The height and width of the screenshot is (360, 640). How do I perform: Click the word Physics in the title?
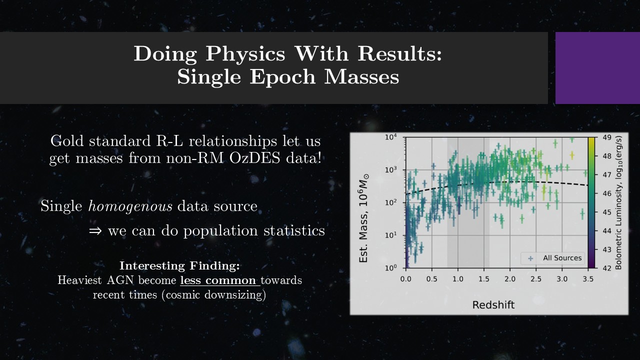245,54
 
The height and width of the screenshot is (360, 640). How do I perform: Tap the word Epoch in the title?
283,77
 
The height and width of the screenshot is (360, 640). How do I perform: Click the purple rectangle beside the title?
597,68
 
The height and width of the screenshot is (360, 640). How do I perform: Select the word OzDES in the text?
254,158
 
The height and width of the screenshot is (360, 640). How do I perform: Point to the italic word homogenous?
130,206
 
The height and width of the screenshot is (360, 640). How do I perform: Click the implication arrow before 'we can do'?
95,231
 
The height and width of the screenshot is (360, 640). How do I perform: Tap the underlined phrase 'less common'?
218,280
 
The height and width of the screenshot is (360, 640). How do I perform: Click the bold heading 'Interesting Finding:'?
179,265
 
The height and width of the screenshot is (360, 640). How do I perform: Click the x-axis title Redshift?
493,305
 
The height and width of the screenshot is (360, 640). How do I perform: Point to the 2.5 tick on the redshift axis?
536,279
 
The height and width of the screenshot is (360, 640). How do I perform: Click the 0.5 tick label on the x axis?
431,279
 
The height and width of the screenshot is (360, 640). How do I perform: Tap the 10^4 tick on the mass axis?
391,137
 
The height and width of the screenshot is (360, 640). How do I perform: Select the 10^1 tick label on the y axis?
391,235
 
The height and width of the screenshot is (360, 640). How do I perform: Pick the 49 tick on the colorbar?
607,137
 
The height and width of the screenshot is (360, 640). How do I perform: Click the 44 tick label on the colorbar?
607,231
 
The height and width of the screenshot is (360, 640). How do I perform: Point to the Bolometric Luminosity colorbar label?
618,202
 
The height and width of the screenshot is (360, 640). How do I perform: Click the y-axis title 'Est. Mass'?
363,218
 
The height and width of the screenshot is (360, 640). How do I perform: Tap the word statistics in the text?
294,231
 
